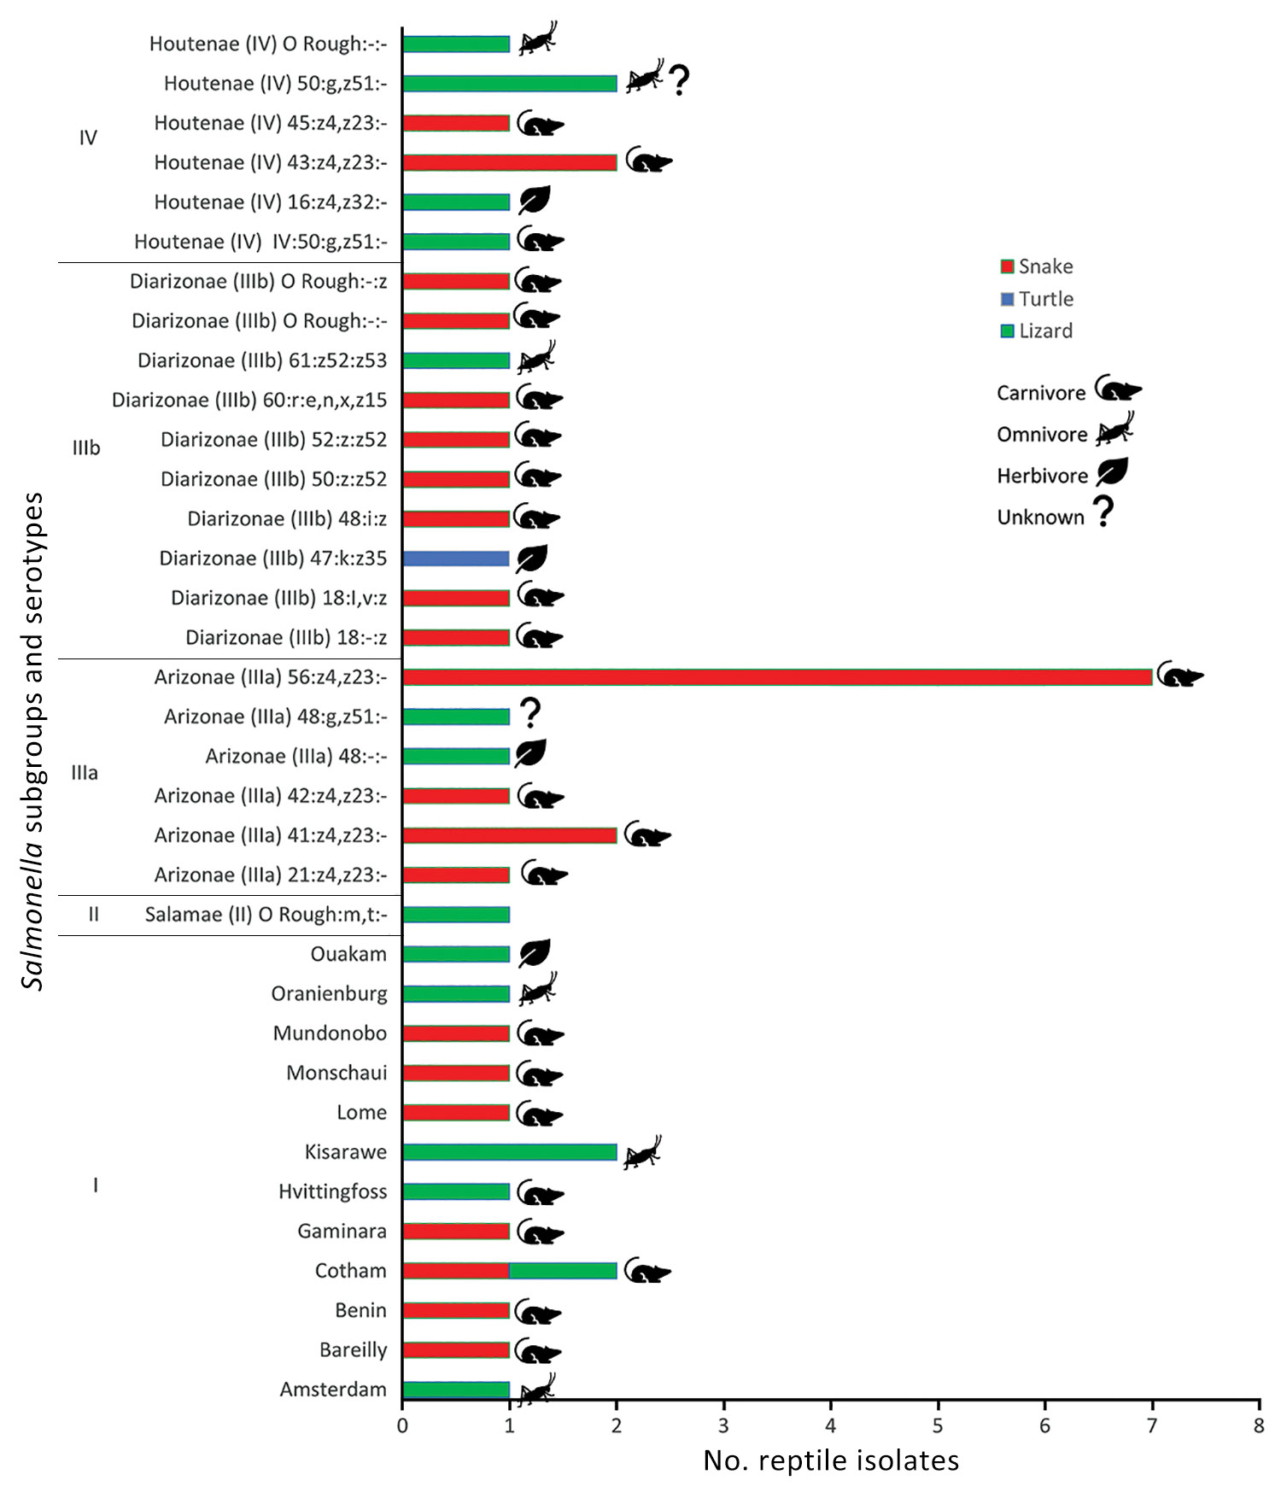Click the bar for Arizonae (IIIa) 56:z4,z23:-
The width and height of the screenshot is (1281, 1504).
(777, 677)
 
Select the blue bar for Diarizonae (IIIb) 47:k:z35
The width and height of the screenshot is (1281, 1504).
(456, 559)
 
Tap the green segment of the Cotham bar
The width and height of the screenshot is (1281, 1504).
(563, 1271)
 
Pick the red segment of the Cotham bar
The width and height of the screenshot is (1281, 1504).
(456, 1271)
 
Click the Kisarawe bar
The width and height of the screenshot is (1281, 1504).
(510, 1152)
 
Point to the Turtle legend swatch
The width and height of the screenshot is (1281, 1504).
(1008, 299)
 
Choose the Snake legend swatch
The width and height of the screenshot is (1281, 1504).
(1008, 266)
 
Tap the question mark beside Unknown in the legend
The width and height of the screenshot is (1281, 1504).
(1104, 512)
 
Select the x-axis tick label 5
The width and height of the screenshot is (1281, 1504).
(938, 1425)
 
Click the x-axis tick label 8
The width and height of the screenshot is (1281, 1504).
(1259, 1425)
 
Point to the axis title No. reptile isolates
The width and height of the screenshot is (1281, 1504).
(831, 1461)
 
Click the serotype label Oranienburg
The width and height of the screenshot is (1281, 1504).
(329, 994)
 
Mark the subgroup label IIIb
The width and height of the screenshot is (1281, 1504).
(86, 448)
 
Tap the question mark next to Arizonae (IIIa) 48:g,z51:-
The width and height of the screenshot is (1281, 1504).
(531, 713)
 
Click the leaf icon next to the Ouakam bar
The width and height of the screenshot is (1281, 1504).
(534, 953)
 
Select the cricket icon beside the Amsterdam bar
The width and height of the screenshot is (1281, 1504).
(537, 1390)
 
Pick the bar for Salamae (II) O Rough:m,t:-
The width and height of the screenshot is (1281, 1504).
(456, 915)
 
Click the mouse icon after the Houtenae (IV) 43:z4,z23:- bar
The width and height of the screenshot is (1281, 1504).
(649, 160)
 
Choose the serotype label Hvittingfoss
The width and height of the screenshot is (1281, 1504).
(332, 1191)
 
